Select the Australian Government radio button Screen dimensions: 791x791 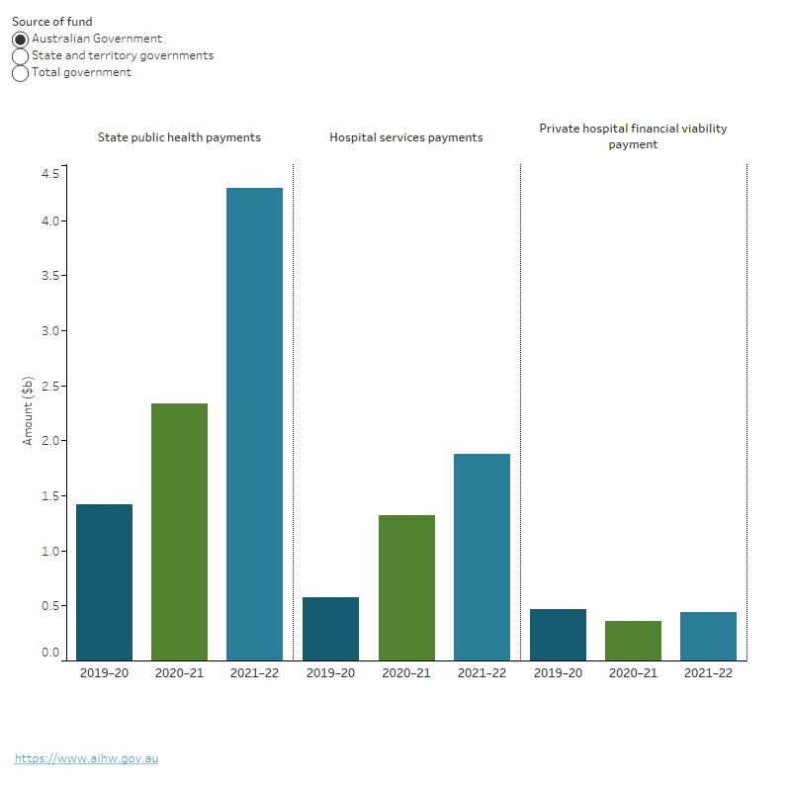point(20,40)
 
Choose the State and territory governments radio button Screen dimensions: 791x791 point(20,56)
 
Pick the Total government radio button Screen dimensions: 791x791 point(20,73)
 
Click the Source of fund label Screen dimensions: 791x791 point(51,22)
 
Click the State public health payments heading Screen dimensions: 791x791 point(179,137)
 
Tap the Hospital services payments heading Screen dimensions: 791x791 point(405,137)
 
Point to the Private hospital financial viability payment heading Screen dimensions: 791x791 point(633,136)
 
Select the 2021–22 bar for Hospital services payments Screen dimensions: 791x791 point(482,557)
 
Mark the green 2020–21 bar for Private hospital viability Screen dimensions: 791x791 point(633,640)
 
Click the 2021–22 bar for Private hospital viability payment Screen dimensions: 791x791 point(708,636)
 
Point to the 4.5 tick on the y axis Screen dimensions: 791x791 point(49,174)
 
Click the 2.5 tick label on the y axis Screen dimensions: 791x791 point(49,386)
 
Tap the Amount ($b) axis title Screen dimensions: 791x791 point(28,410)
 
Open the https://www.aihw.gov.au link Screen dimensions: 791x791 point(86,758)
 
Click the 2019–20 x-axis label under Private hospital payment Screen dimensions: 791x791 point(558,673)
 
